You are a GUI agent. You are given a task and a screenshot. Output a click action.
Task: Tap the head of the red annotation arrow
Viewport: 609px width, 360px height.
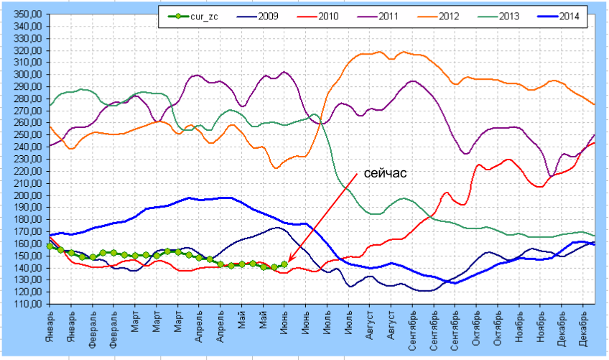point(289,262)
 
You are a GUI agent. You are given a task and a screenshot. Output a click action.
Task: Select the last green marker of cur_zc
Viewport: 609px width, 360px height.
point(284,264)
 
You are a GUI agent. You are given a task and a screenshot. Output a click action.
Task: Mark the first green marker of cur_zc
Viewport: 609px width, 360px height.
point(50,246)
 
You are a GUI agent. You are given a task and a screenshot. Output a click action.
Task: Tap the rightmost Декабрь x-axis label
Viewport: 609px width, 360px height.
point(586,328)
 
